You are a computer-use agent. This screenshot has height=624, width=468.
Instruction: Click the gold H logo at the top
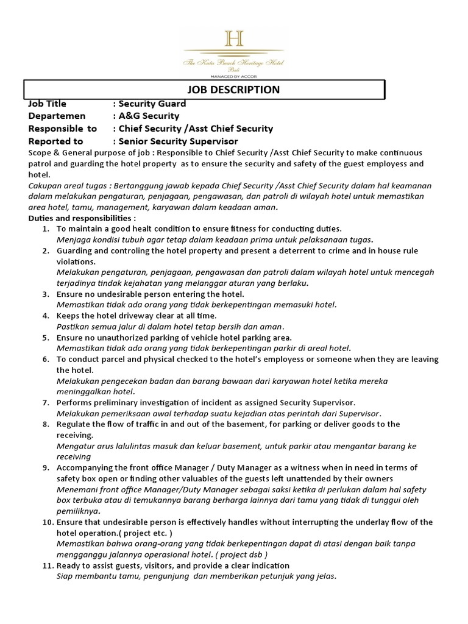pyautogui.click(x=234, y=39)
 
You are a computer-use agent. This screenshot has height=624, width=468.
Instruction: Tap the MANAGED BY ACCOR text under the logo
pyautogui.click(x=234, y=77)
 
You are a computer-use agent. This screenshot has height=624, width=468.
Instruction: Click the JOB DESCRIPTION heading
pyautogui.click(x=237, y=90)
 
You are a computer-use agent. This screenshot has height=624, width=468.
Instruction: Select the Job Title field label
pyautogui.click(x=48, y=104)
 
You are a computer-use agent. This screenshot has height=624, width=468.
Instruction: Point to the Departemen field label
pyautogui.click(x=57, y=116)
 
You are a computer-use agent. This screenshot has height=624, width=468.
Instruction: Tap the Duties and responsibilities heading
pyautogui.click(x=82, y=218)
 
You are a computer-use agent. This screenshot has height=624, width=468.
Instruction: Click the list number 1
pyautogui.click(x=46, y=229)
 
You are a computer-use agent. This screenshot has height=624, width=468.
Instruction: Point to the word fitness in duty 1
pyautogui.click(x=253, y=229)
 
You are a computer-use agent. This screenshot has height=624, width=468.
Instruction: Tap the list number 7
pyautogui.click(x=46, y=402)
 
